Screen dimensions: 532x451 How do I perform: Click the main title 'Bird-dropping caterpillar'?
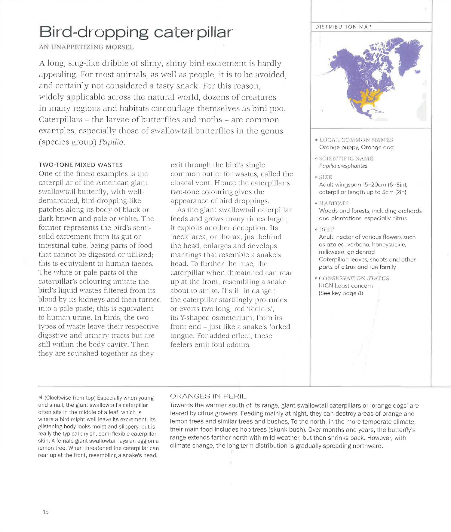(x=136, y=32)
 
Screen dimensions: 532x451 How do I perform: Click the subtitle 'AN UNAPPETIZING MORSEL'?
(x=86, y=47)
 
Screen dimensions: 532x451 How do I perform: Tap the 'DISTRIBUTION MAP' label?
(x=343, y=27)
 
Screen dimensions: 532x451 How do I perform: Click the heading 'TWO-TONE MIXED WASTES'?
(x=81, y=165)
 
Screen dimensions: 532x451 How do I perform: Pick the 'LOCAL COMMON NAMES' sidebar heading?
(x=356, y=140)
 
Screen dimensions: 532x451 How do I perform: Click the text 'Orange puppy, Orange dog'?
(x=356, y=147)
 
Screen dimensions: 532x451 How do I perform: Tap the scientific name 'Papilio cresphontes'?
(x=343, y=166)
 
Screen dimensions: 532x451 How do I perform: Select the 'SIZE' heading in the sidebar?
(x=326, y=177)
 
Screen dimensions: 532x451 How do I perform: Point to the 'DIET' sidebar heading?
(x=327, y=230)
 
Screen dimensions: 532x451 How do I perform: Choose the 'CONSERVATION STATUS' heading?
(x=354, y=278)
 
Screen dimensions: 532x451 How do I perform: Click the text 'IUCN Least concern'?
(x=346, y=286)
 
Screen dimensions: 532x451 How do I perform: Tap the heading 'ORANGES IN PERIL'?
(x=208, y=396)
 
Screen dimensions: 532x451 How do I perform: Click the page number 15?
(x=46, y=512)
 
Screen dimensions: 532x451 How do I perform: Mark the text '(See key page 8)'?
(x=341, y=293)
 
